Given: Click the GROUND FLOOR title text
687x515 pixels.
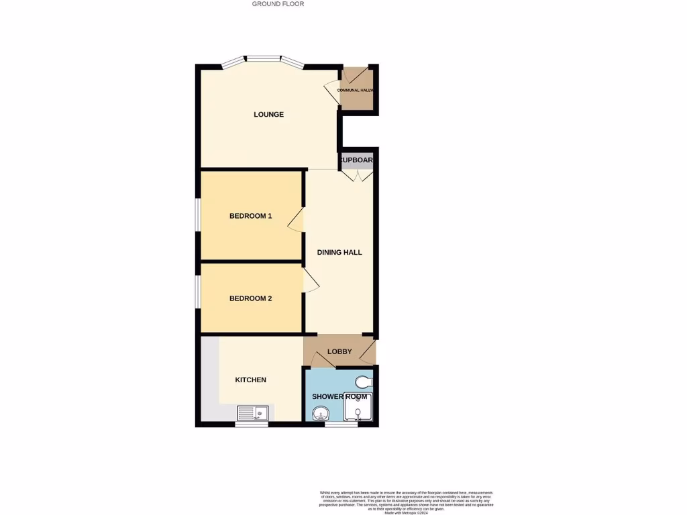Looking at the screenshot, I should click(x=278, y=4).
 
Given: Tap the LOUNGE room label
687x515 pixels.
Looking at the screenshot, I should click(x=268, y=115).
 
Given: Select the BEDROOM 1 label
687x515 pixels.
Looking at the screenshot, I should click(x=250, y=216).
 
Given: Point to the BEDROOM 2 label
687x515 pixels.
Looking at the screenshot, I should click(x=250, y=298).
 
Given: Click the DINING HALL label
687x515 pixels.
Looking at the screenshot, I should click(x=339, y=253).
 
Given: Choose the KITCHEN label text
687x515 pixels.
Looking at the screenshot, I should click(x=250, y=380).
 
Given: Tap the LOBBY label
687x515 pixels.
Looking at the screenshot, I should click(x=339, y=352).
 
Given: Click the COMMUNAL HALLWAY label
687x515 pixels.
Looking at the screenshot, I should click(x=356, y=90).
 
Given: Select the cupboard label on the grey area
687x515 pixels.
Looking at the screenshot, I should click(x=356, y=160).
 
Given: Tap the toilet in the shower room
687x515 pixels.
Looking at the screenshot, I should click(x=363, y=382).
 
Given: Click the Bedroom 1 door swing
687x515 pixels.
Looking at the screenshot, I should click(x=296, y=220).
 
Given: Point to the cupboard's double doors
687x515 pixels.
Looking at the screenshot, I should click(x=356, y=175).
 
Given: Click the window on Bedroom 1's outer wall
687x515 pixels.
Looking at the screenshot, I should click(x=198, y=215).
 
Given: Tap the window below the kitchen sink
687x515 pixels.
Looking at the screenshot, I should click(x=252, y=424).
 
